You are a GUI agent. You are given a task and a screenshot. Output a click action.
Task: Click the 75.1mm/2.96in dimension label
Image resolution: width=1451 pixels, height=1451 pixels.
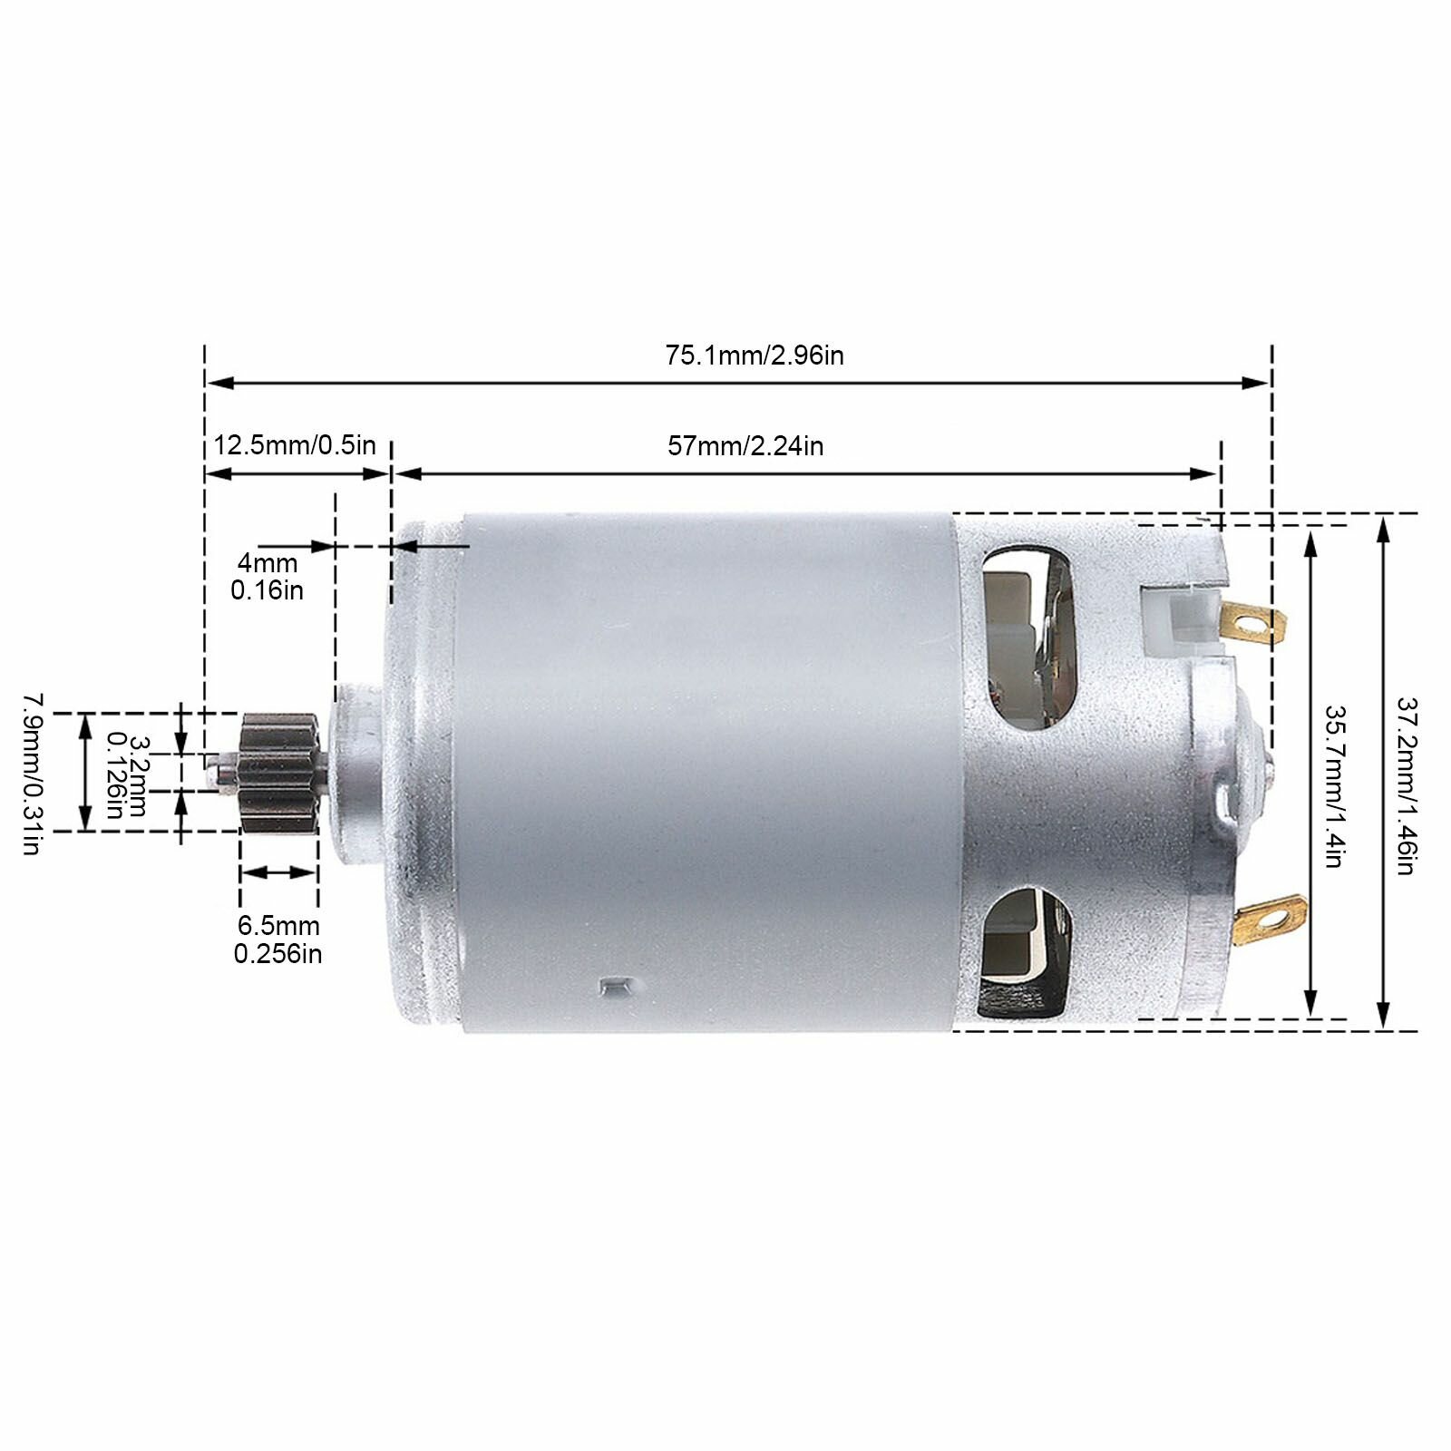point(755,355)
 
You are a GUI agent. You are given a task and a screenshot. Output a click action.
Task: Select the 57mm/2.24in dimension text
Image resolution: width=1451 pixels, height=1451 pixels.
point(745,446)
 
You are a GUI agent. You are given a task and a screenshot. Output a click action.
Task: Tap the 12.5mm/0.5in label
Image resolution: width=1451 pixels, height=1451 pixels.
point(295,445)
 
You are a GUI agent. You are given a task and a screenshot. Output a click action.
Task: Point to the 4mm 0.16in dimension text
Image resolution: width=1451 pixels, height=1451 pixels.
point(268,577)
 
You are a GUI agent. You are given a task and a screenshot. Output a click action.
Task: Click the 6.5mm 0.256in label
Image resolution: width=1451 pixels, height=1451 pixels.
point(278,940)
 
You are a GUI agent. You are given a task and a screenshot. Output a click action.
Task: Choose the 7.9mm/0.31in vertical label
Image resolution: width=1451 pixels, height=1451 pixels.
point(32,774)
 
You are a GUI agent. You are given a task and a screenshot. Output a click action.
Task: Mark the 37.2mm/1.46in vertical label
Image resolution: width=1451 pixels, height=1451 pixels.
point(1406,785)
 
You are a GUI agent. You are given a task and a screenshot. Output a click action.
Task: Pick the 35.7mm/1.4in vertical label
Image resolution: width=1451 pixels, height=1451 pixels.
point(1333,786)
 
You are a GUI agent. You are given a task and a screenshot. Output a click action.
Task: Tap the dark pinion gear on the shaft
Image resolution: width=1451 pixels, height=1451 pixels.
point(278,772)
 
